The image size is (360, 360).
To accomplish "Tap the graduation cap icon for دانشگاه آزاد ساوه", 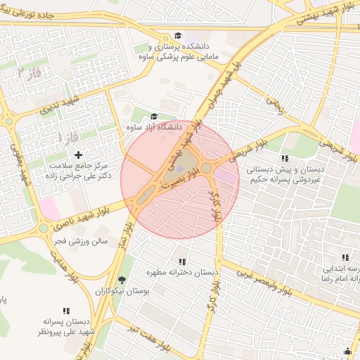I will [154, 117].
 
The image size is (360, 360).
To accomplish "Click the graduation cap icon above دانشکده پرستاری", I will [179, 35].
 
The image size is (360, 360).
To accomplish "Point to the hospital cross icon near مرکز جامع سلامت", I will [78, 154].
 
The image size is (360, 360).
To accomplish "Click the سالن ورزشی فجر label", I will [79, 240].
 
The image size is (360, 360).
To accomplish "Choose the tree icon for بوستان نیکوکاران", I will [122, 279].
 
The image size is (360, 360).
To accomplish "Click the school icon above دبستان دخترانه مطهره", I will [182, 262].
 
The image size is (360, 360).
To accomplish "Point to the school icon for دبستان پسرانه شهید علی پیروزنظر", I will [67, 310].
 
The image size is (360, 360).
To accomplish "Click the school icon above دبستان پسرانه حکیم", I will [285, 159].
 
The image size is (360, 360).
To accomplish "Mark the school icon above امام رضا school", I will [345, 258].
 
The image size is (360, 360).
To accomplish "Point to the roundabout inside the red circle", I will [207, 168].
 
